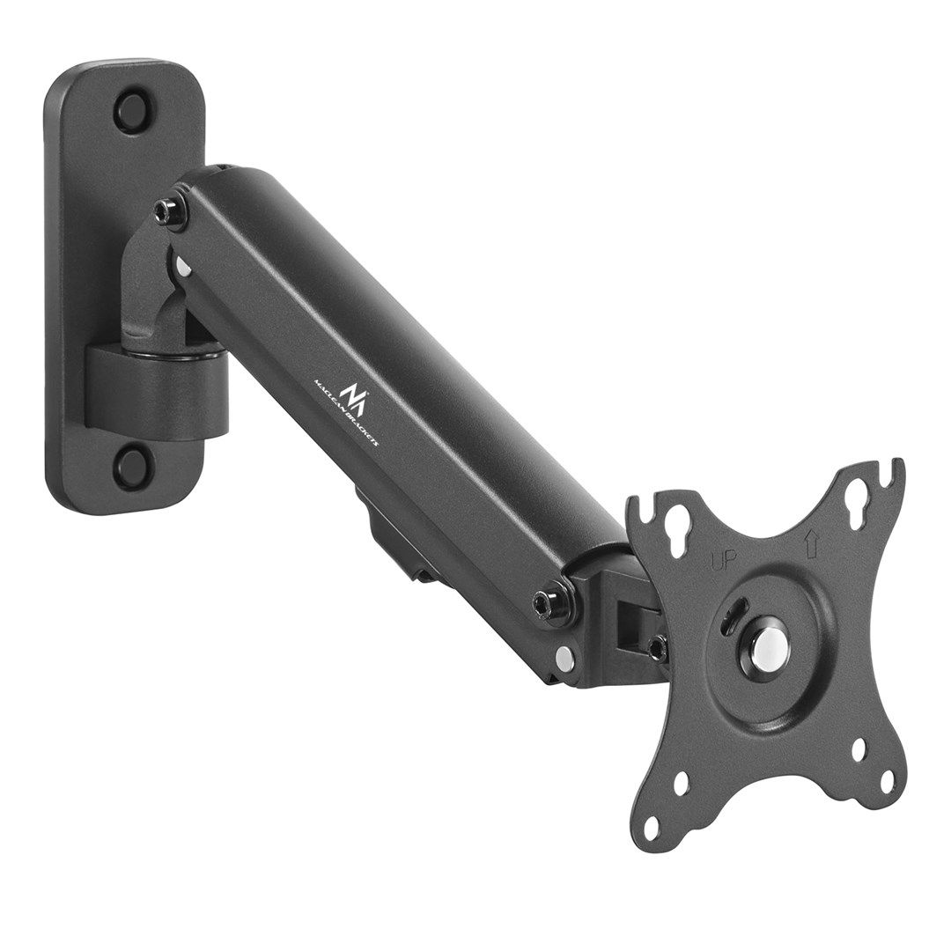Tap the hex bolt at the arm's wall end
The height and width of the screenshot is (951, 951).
click(168, 211)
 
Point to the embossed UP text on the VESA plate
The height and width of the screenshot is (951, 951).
click(724, 560)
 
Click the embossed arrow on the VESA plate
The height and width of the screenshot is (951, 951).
click(811, 544)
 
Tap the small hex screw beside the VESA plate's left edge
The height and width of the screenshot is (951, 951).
click(656, 647)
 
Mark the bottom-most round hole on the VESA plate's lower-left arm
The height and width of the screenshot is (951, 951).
click(651, 828)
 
